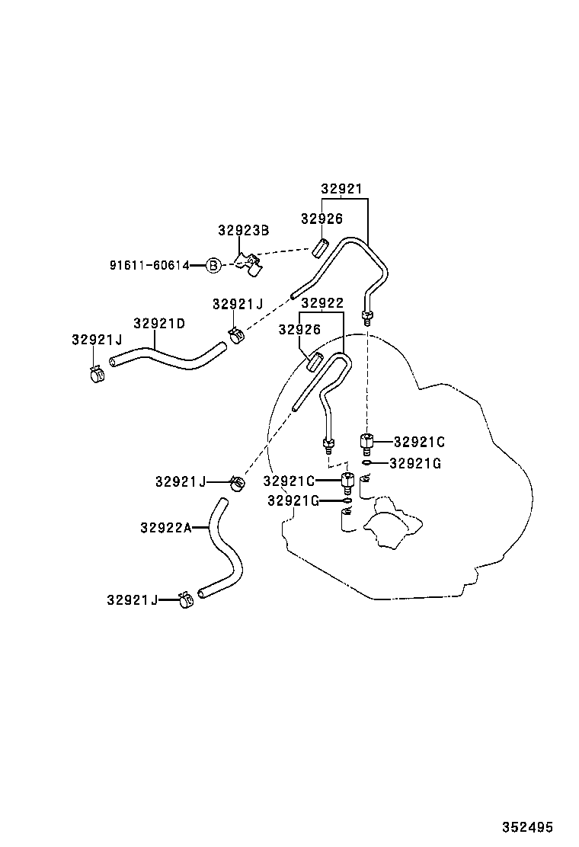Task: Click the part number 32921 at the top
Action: [341, 189]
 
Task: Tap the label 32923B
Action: [244, 231]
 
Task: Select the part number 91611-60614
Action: [149, 265]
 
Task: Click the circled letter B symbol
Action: [214, 265]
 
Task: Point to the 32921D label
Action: [159, 324]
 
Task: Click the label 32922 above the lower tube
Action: [322, 303]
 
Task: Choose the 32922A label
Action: [166, 527]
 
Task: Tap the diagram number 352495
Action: [528, 827]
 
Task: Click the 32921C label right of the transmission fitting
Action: [419, 442]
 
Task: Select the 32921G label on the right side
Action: [415, 463]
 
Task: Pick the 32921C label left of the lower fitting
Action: [289, 481]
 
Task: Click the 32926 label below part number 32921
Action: [322, 219]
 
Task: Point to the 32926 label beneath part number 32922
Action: [299, 330]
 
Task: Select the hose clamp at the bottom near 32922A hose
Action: [187, 599]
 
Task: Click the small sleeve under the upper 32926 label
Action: [320, 248]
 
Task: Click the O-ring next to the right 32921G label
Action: [367, 463]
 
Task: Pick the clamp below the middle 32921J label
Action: [236, 336]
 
